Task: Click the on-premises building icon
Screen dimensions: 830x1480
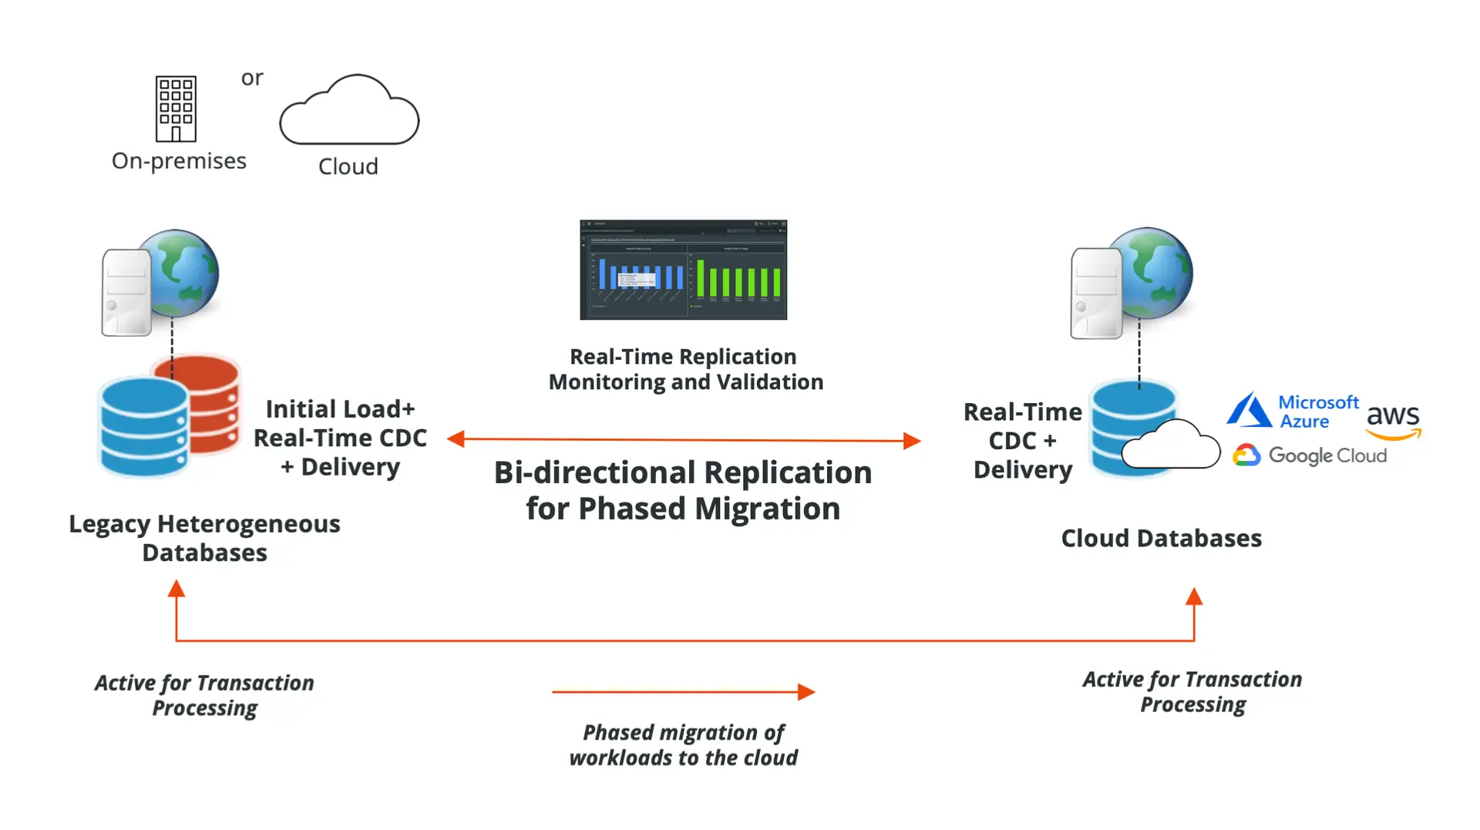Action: [x=176, y=109]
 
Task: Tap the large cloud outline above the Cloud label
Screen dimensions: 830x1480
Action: [x=349, y=112]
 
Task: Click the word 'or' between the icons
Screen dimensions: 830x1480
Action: [x=252, y=78]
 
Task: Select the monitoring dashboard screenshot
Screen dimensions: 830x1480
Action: [x=683, y=270]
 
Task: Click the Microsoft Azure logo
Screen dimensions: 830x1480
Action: [x=1293, y=411]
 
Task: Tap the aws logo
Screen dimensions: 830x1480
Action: [x=1393, y=421]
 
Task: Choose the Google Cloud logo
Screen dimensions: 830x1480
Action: [x=1310, y=455]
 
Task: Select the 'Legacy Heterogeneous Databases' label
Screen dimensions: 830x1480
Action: [x=204, y=538]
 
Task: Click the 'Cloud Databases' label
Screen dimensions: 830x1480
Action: [x=1161, y=538]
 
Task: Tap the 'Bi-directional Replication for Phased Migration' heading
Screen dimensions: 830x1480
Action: [x=683, y=490]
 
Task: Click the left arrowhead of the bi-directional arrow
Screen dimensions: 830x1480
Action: [x=456, y=439]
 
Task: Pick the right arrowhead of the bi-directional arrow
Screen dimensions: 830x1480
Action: [x=912, y=441]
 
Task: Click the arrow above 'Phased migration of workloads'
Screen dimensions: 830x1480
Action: [x=683, y=691]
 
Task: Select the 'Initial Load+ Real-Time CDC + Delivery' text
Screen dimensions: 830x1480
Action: [x=340, y=438]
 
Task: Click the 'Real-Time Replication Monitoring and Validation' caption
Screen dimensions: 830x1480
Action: [x=685, y=369]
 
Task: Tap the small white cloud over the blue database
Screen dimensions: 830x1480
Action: [x=1171, y=445]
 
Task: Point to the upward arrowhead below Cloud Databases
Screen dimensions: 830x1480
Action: [x=1194, y=596]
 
